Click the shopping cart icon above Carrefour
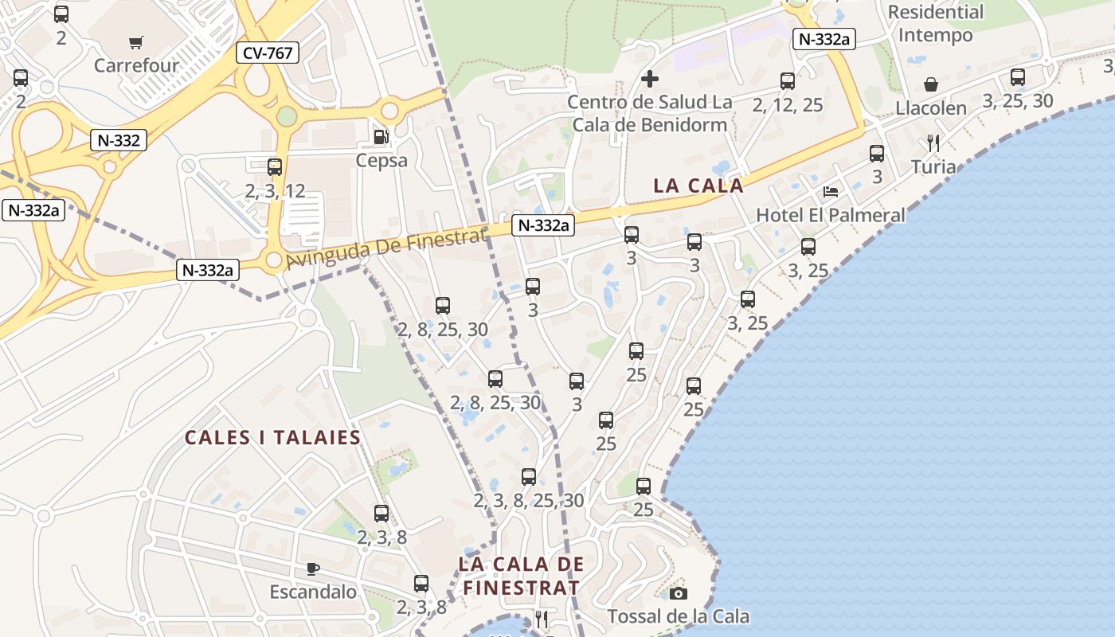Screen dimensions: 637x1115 (136, 41)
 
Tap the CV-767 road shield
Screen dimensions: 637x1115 (268, 53)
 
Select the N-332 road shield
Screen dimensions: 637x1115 (119, 141)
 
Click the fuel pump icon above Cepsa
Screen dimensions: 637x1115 (381, 137)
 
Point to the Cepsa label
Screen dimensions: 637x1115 (382, 160)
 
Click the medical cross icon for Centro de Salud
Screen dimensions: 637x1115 (650, 79)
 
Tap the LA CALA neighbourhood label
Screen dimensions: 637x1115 (698, 186)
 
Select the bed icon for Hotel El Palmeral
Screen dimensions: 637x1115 (831, 192)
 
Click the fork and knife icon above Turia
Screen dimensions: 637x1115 (933, 143)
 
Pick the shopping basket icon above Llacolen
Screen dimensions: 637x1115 (930, 84)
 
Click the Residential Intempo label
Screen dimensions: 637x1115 (936, 24)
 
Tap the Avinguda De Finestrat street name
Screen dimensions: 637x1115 (385, 248)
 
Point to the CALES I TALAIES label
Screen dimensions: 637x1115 (273, 437)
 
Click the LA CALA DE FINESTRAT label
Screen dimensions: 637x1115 (522, 576)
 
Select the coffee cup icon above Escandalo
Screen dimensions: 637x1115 (313, 569)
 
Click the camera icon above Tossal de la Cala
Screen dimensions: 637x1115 (679, 593)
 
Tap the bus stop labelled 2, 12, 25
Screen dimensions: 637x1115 (788, 81)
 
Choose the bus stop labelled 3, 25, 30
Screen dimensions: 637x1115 (1018, 77)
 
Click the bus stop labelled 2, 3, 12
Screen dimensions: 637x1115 (275, 167)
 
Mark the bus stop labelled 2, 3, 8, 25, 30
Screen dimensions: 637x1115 (529, 477)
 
